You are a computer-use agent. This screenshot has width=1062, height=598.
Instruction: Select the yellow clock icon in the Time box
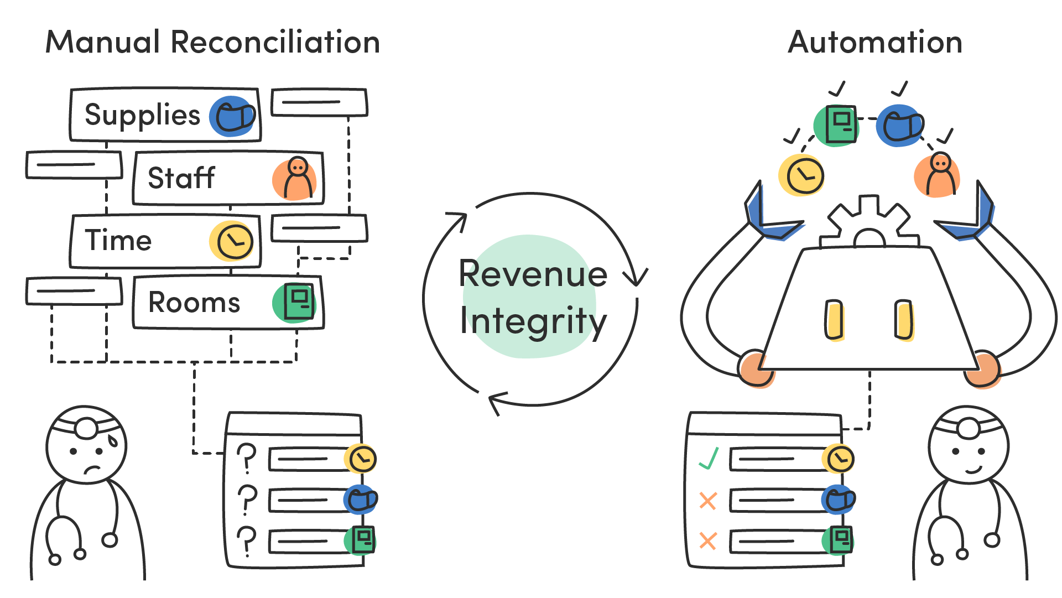pos(233,241)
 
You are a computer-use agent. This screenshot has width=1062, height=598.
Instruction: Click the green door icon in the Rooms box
pos(295,302)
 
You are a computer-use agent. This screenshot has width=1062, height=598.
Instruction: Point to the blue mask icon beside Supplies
pos(233,117)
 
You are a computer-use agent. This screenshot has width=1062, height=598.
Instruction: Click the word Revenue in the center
pos(533,274)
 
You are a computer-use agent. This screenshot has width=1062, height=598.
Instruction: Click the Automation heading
pos(875,42)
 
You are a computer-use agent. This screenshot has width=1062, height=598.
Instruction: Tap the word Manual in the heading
pos(103,42)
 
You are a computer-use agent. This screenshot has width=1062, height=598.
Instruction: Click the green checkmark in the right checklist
pos(709,459)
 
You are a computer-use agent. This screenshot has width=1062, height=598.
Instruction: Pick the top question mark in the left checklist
pos(247,458)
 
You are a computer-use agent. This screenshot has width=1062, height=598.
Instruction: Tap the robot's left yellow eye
pos(834,320)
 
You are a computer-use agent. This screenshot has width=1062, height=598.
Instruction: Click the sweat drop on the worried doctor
pos(113,440)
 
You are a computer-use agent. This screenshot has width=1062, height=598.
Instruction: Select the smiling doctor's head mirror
pos(968,427)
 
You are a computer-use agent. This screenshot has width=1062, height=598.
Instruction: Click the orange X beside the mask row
pos(708,501)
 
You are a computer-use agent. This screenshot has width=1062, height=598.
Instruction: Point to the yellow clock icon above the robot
pos(801,175)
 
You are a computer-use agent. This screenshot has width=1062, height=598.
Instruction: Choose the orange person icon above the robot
pos(938,175)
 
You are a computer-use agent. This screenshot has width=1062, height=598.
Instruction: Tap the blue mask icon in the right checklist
pos(839,500)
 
